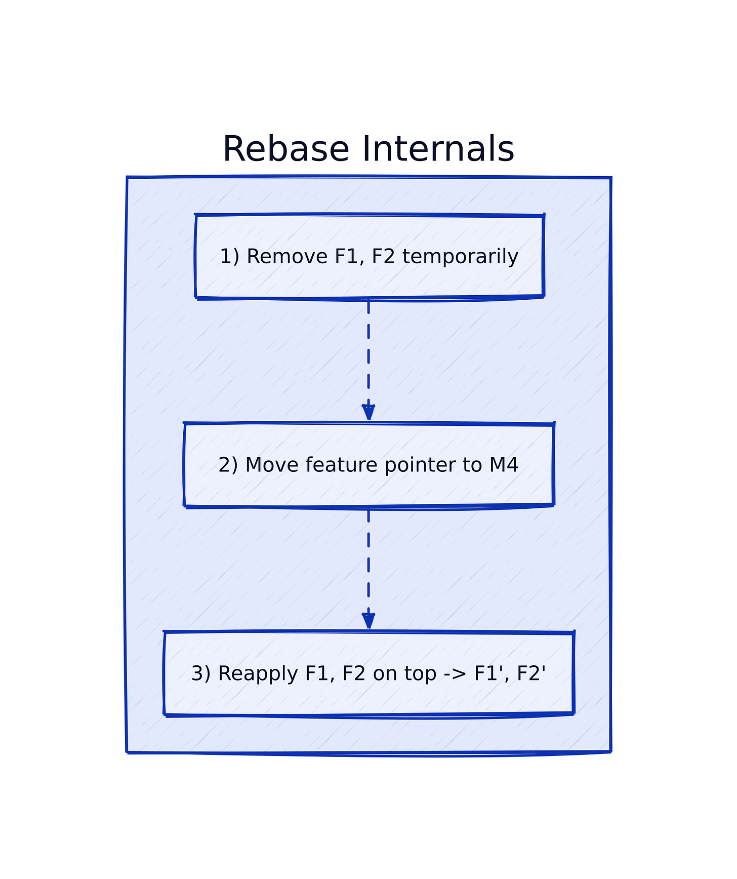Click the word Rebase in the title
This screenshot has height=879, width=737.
coord(286,149)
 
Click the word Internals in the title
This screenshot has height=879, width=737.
coord(438,149)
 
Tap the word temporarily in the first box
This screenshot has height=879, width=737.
coord(460,257)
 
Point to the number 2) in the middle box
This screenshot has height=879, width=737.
coord(228,465)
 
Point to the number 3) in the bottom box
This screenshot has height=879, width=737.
coord(200,674)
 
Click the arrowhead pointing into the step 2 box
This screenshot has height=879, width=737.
coord(368,412)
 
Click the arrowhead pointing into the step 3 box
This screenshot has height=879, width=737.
coord(368,621)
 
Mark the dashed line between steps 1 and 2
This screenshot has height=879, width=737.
coord(368,354)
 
